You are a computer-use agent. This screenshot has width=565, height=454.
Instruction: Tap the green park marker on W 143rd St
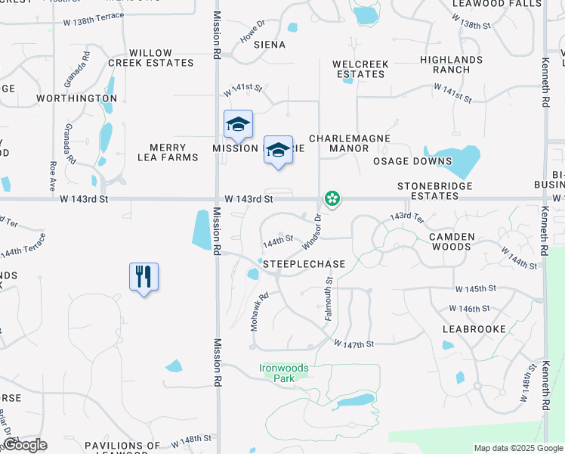tap(332, 198)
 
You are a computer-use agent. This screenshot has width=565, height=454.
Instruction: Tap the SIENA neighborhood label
tap(270, 45)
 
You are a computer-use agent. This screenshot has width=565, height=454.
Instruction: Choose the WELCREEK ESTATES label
tap(361, 70)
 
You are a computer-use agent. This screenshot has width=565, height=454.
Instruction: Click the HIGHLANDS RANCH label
tap(452, 65)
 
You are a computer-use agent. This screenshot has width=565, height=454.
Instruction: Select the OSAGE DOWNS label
tap(412, 161)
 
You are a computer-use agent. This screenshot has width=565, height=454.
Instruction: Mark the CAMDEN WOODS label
tap(452, 242)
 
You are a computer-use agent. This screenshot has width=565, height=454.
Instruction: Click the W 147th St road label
tap(354, 344)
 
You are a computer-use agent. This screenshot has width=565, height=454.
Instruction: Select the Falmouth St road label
tap(329, 298)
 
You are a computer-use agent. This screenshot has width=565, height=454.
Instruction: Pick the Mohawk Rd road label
tap(260, 312)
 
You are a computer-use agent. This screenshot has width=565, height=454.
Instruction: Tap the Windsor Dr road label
tap(312, 232)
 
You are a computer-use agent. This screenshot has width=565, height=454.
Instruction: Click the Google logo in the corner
tap(24, 445)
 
